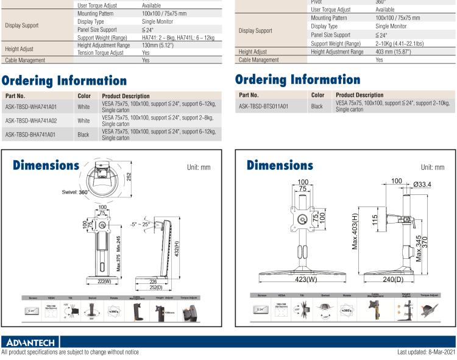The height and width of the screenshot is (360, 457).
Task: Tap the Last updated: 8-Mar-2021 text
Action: (425, 352)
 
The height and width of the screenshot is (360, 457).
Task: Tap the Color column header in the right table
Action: (317, 94)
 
